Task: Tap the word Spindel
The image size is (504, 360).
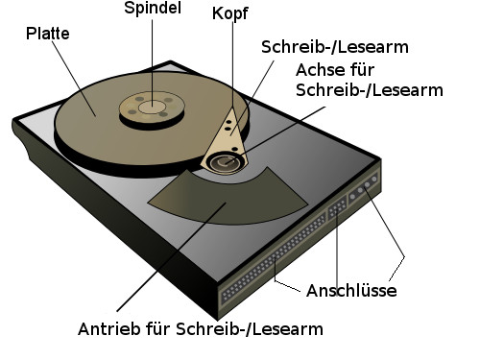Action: pos(153,9)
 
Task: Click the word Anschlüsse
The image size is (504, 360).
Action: pos(351,290)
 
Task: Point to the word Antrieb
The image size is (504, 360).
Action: pos(108,329)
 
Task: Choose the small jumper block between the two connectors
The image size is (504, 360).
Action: pos(337,212)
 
